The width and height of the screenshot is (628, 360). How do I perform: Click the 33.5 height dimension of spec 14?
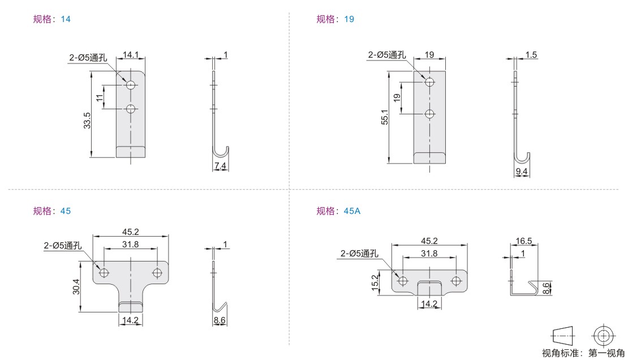coord(87,120)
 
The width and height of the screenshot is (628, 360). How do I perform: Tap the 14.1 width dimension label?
coord(131,54)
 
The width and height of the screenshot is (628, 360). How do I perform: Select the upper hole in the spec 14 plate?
coord(131,84)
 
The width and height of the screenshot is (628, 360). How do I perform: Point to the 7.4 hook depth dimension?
coord(220,165)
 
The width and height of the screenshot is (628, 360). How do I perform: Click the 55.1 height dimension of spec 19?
coord(385,117)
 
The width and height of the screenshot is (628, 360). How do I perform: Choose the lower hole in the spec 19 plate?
coord(429,114)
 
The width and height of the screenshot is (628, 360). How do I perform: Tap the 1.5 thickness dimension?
coord(531,54)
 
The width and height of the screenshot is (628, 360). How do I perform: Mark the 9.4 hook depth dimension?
coord(522,172)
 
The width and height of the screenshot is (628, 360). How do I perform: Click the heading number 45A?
coord(352,211)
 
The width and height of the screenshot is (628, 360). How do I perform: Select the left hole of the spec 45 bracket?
coord(104,273)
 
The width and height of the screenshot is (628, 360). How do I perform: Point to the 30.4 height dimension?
coord(76,286)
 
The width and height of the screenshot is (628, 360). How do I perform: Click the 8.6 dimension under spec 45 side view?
coord(220,320)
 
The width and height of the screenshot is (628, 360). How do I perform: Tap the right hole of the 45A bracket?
coord(456,281)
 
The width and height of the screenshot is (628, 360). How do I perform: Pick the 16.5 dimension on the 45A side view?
coord(524,241)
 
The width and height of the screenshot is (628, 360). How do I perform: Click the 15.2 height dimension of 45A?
coord(375,282)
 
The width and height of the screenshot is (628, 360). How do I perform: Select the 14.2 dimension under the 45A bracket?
coord(429,304)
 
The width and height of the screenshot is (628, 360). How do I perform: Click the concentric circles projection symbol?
coord(604,335)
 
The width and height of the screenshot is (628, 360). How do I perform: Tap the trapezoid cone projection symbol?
coord(563,336)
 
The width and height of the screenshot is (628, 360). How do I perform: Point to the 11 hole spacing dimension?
coord(100,97)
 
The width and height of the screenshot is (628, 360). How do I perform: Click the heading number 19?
coord(349,19)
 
